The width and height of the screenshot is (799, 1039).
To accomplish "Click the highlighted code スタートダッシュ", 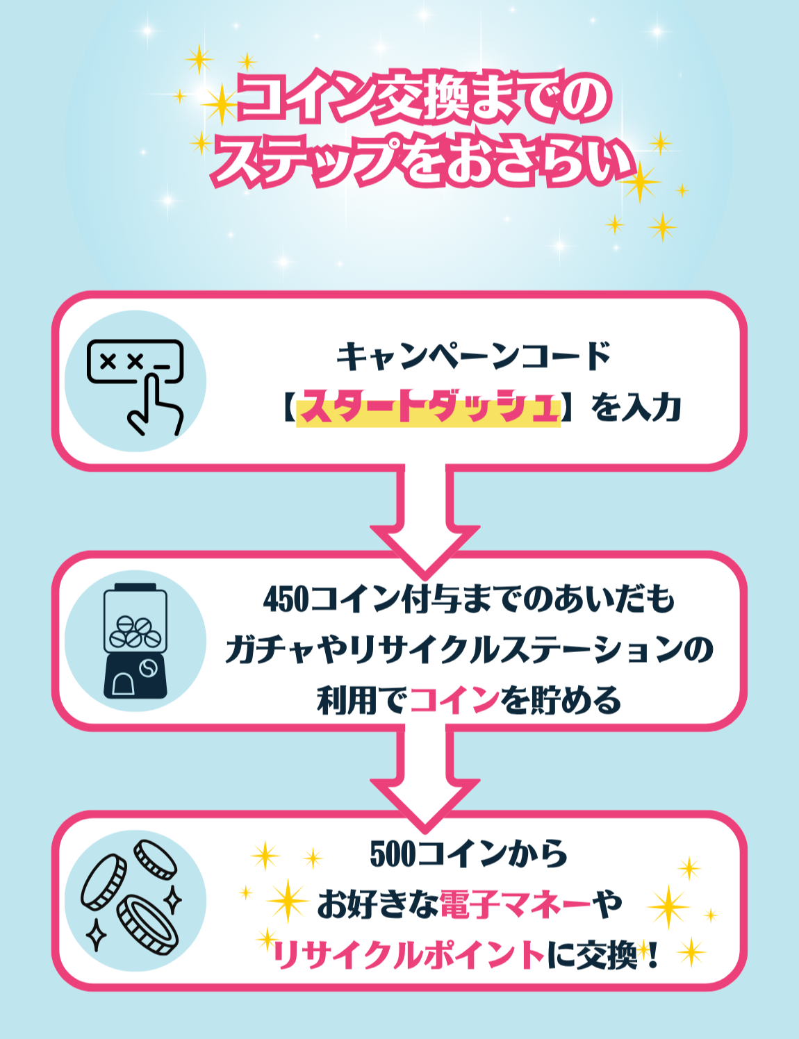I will [x=428, y=408].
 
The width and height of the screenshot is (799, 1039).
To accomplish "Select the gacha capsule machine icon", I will [x=135, y=641].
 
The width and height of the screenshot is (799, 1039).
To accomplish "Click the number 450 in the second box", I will [x=286, y=599].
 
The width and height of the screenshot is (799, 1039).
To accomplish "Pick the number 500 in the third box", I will [x=393, y=854].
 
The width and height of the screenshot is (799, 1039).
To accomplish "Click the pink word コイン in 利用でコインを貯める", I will [x=454, y=700].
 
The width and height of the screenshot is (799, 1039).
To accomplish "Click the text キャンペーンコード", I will [x=473, y=357].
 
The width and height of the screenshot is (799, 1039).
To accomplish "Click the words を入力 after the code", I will [x=636, y=408].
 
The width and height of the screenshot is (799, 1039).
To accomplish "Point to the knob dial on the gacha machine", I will [x=148, y=669].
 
